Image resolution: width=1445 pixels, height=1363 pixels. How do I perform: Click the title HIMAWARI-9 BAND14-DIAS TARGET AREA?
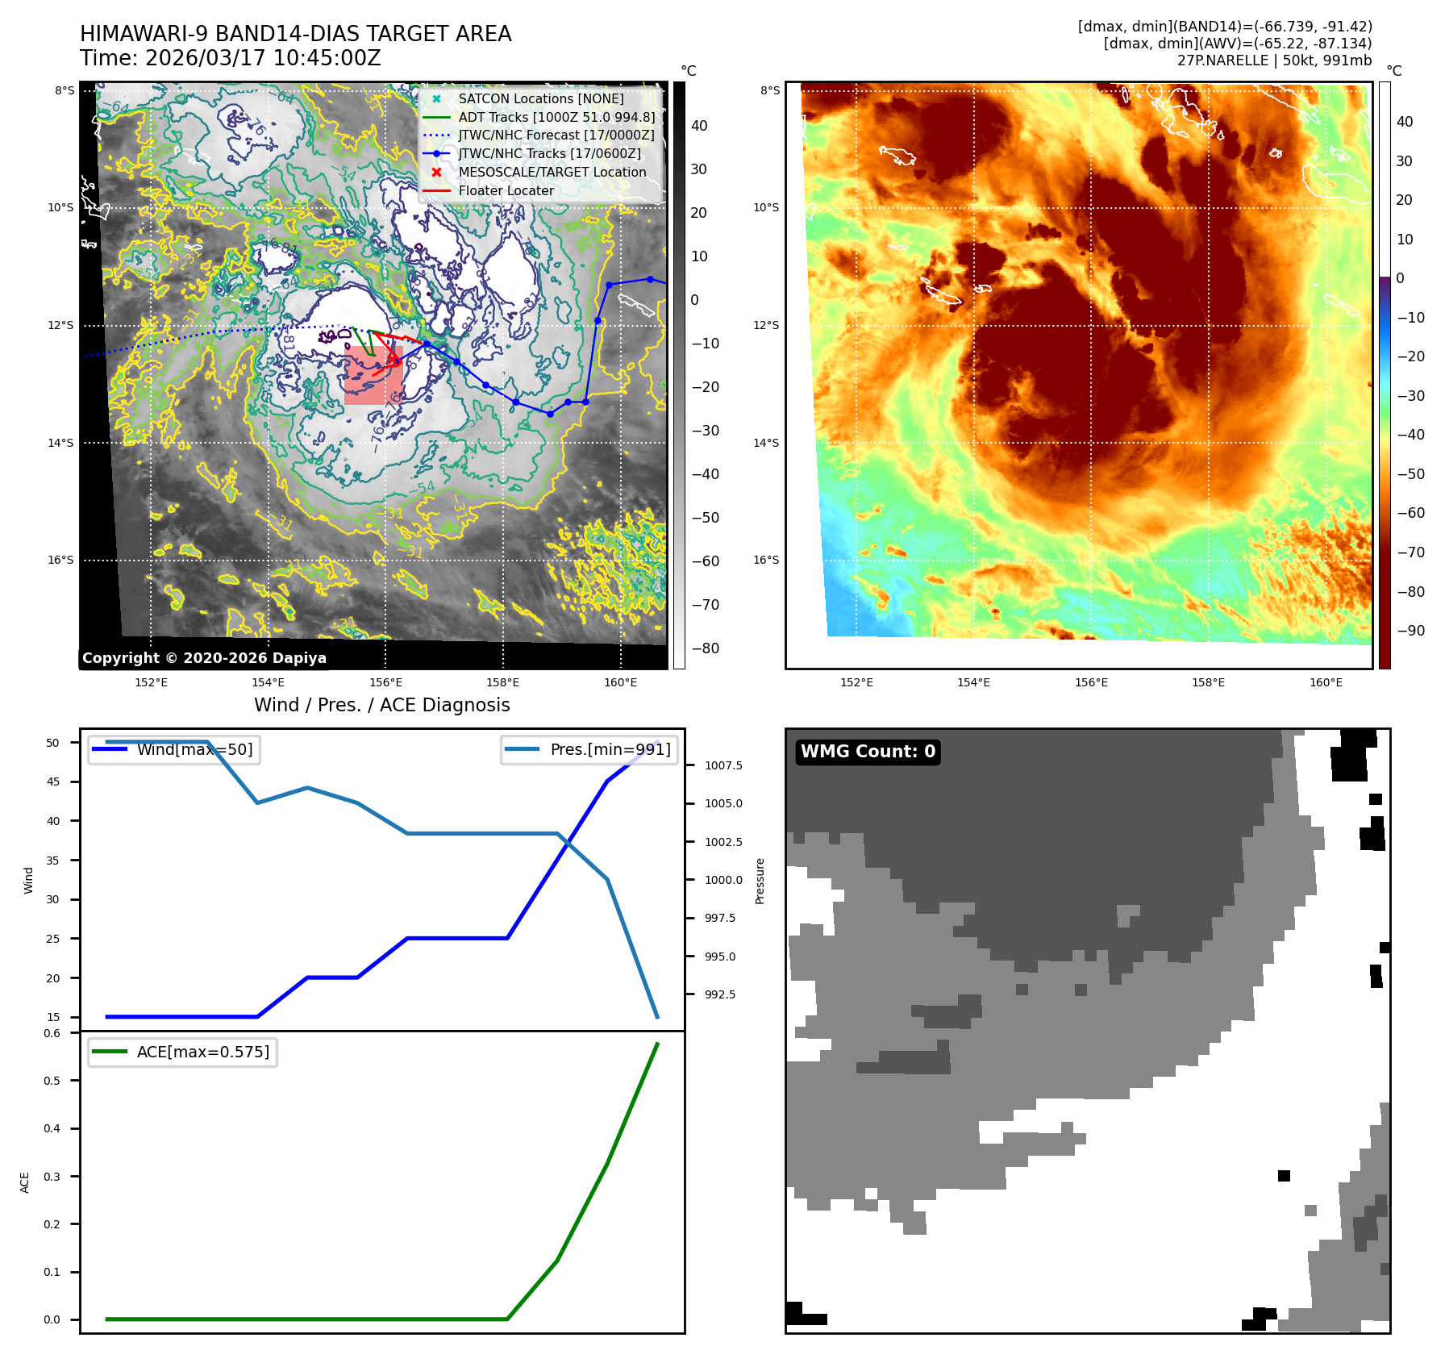pyautogui.click(x=295, y=34)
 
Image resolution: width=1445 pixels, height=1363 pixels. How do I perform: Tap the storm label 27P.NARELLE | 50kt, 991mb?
pyautogui.click(x=1274, y=60)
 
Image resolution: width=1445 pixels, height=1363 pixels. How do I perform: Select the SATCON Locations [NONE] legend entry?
pyautogui.click(x=540, y=98)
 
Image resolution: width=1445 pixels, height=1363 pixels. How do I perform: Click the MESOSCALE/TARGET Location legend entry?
pyautogui.click(x=552, y=172)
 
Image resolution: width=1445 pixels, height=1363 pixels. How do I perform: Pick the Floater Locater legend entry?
pyautogui.click(x=506, y=190)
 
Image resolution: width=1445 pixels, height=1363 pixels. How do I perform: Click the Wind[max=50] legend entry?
pyautogui.click(x=194, y=749)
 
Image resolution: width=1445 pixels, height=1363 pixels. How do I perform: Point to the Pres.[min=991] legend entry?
pyautogui.click(x=610, y=749)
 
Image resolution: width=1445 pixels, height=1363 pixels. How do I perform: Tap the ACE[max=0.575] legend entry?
pyautogui.click(x=202, y=1052)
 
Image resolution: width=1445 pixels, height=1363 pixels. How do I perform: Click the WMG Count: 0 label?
pyautogui.click(x=868, y=752)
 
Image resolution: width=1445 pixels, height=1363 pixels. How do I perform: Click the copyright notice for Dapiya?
pyautogui.click(x=204, y=658)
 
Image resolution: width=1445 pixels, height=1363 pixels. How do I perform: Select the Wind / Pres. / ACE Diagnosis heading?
pyautogui.click(x=381, y=705)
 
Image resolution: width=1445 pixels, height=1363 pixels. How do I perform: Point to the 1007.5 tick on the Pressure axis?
pyautogui.click(x=723, y=765)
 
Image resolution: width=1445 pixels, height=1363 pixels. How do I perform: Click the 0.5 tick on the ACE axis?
pyautogui.click(x=52, y=1081)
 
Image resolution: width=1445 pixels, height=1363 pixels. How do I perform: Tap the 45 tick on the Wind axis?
pyautogui.click(x=53, y=782)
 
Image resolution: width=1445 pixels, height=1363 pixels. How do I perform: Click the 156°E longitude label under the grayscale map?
pyautogui.click(x=385, y=682)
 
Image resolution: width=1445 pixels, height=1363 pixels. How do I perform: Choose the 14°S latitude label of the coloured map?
pyautogui.click(x=766, y=443)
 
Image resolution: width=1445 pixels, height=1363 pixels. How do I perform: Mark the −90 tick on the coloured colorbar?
pyautogui.click(x=1410, y=631)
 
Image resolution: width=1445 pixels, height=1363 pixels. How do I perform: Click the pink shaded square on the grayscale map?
pyautogui.click(x=373, y=376)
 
